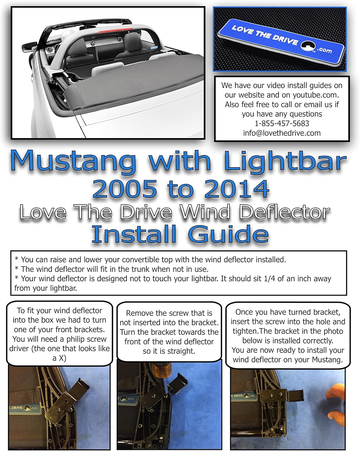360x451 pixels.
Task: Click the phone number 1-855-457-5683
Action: click(282, 124)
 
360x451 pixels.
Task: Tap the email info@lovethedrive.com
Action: click(282, 133)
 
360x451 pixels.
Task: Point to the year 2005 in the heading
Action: click(125, 189)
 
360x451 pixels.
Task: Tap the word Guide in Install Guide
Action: click(229, 234)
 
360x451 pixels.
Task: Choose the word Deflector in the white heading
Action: click(284, 212)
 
